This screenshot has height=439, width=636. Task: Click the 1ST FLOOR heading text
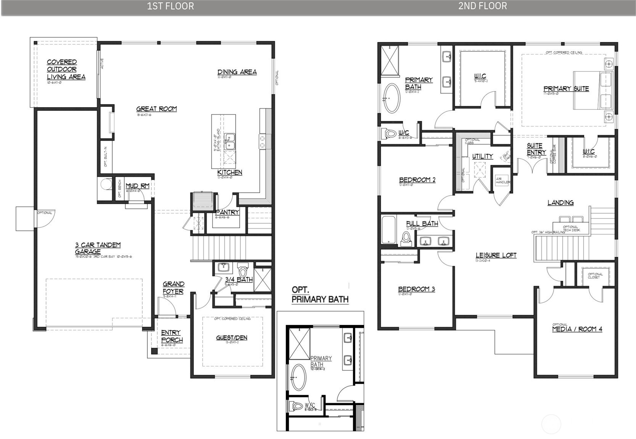171,6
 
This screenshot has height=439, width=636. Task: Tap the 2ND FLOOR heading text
482,6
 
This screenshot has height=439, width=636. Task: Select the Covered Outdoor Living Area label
66,69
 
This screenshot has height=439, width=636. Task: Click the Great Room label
156,109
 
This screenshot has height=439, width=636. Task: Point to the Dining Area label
237,72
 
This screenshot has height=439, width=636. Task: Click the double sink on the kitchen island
229,141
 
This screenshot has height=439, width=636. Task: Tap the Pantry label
227,212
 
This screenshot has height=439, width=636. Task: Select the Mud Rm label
137,186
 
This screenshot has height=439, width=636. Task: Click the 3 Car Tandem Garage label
98,248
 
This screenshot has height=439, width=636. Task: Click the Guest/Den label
232,338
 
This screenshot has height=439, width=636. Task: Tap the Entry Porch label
172,336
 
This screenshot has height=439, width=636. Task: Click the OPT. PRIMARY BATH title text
320,295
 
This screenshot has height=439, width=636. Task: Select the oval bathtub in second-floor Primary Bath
392,98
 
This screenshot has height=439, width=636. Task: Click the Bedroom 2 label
417,180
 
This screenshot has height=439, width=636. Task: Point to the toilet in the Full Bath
406,238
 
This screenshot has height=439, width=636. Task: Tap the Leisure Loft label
496,255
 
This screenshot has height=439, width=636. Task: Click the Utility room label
482,156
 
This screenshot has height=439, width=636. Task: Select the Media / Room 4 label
577,329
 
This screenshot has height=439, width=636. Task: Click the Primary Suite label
566,89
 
